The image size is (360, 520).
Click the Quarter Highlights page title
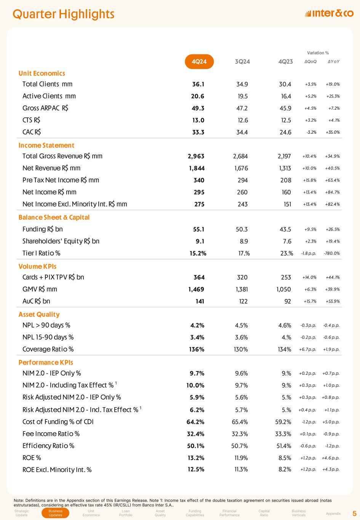[64, 14]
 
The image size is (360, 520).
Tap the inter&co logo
[330, 14]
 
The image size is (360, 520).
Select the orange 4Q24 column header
[199, 62]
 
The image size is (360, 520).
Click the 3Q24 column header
[242, 62]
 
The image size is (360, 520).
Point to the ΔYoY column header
[334, 62]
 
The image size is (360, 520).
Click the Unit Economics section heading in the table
[42, 73]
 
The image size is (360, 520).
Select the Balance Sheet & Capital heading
[54, 217]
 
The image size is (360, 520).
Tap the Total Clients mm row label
[47, 84]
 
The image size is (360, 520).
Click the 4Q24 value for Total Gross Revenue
[196, 156]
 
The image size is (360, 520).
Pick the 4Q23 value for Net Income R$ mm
[286, 192]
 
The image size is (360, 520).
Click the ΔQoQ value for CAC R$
[311, 133]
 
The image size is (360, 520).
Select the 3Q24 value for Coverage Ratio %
[240, 349]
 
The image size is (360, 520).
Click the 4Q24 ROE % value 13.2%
[197, 458]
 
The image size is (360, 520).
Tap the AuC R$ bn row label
[36, 301]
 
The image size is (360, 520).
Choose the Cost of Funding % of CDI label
[58, 422]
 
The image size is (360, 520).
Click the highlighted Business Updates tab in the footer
[56, 513]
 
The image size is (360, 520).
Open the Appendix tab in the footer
[334, 514]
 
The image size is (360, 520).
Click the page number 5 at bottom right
[354, 513]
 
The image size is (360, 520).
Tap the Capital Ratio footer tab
[264, 513]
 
